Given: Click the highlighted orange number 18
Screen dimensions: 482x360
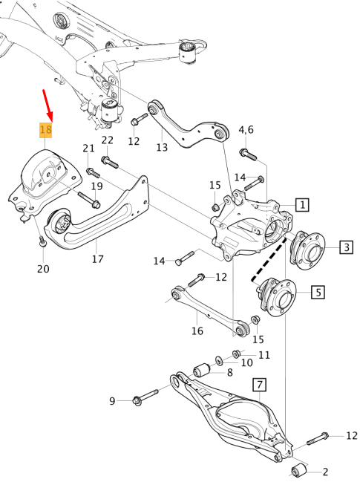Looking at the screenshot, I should click(45, 130).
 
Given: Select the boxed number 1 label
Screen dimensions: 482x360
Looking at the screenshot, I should click(303, 203).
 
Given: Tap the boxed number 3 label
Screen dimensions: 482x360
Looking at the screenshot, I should click(347, 247).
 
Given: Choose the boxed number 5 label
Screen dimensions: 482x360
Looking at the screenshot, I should click(317, 292).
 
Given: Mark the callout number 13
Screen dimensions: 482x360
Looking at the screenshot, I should click(162, 147).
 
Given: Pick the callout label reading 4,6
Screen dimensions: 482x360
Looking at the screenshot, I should click(246, 131).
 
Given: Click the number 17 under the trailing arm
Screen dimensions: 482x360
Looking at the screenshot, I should click(97, 259).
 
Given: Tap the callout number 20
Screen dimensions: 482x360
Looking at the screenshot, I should click(43, 268).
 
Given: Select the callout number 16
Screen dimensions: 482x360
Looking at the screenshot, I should click(197, 330).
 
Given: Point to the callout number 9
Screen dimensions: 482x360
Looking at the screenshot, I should click(113, 401).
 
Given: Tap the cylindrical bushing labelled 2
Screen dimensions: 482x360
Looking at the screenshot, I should click(300, 470).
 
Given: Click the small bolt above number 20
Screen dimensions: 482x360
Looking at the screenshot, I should click(42, 241).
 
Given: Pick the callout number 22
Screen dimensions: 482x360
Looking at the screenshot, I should click(108, 140).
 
